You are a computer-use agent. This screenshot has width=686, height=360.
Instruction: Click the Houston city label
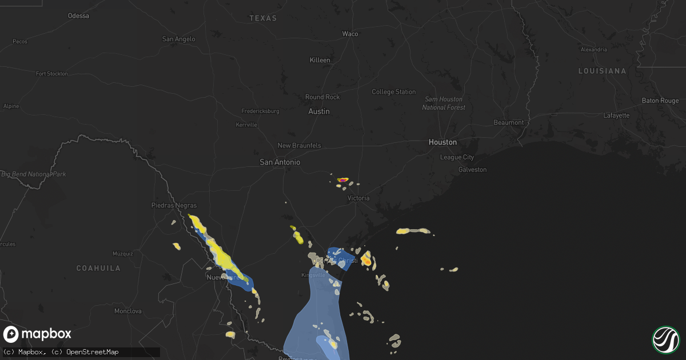tap(443, 142)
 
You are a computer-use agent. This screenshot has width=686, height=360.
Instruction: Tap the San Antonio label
tap(280, 162)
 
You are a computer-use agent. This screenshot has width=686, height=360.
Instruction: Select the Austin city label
tap(319, 111)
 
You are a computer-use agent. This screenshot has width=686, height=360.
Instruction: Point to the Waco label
tap(350, 34)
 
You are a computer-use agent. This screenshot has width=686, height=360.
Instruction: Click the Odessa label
tap(78, 15)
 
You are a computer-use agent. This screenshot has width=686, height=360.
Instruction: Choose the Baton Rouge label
tap(660, 101)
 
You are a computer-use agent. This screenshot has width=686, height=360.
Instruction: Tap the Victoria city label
tap(359, 198)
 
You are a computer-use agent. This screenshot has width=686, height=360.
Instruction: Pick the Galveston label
tap(472, 170)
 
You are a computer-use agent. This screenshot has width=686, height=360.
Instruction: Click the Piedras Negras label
tap(174, 205)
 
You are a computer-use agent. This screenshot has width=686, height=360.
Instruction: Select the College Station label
tap(394, 92)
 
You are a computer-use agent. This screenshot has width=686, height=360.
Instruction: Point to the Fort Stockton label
tap(51, 74)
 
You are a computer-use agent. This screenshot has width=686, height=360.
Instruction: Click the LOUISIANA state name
tap(602, 71)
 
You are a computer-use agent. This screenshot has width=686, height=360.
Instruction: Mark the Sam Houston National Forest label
tap(444, 103)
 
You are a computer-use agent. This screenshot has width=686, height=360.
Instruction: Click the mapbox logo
tap(38, 334)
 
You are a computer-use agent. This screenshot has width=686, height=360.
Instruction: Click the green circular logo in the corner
tap(665, 339)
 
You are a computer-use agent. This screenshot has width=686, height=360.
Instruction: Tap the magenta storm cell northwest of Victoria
tap(342, 180)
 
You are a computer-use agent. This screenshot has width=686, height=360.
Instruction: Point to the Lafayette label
tap(616, 115)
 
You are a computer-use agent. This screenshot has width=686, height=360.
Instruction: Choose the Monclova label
tap(127, 311)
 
